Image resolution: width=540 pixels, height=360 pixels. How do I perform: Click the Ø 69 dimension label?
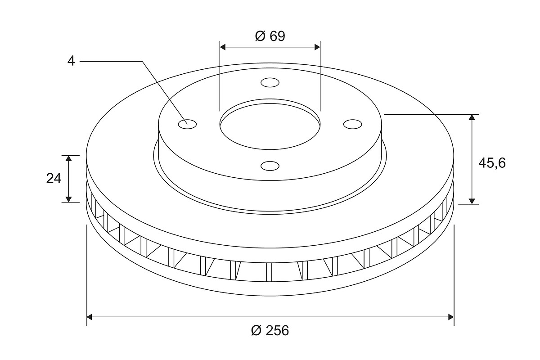pos(270,36)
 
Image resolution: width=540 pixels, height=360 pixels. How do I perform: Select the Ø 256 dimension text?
pos(270,330)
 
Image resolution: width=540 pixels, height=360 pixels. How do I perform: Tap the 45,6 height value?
pos(492,163)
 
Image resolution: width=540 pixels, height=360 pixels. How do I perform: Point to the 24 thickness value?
pos(54,179)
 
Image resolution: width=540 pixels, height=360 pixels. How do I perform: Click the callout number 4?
pos(71,61)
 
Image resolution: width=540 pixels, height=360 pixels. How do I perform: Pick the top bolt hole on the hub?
pos(270,82)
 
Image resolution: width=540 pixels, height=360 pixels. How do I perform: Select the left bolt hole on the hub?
pos(187,124)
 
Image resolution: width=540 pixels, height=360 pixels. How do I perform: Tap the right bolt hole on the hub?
pos(352,124)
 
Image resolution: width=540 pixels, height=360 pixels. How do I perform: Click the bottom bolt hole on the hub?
pos(270,166)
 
